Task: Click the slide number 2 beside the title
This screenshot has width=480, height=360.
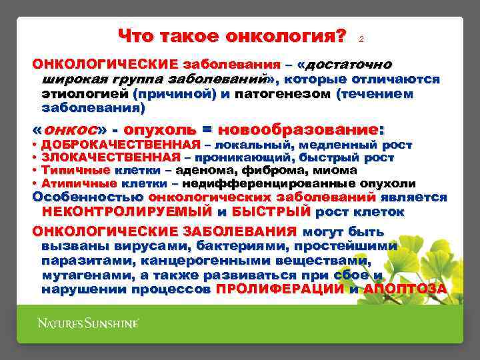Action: [361, 39]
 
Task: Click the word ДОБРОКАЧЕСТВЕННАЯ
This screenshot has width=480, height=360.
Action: [121, 145]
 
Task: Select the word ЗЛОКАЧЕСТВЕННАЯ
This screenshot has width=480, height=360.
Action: [111, 158]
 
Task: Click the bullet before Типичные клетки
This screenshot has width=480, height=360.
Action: [34, 171]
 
